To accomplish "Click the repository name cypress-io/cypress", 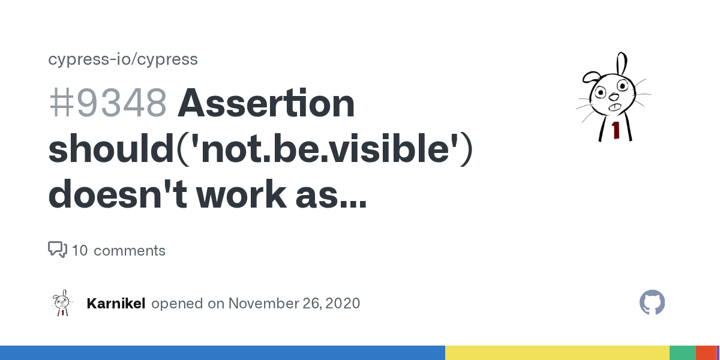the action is [123, 59].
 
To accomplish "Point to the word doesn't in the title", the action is [118, 194].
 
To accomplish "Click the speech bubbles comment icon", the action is [58, 250].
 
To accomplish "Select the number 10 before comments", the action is [80, 251].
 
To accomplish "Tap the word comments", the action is [130, 251].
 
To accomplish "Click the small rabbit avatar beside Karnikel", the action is [62, 302].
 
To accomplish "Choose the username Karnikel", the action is [116, 304].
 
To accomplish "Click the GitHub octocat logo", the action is [652, 302].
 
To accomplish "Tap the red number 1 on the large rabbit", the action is [616, 130].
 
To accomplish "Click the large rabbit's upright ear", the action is [622, 64].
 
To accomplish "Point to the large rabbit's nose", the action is [614, 97].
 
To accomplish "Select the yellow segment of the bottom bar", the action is [557, 353].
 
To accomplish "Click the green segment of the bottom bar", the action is [683, 353].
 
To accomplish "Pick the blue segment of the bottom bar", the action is [223, 353].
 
